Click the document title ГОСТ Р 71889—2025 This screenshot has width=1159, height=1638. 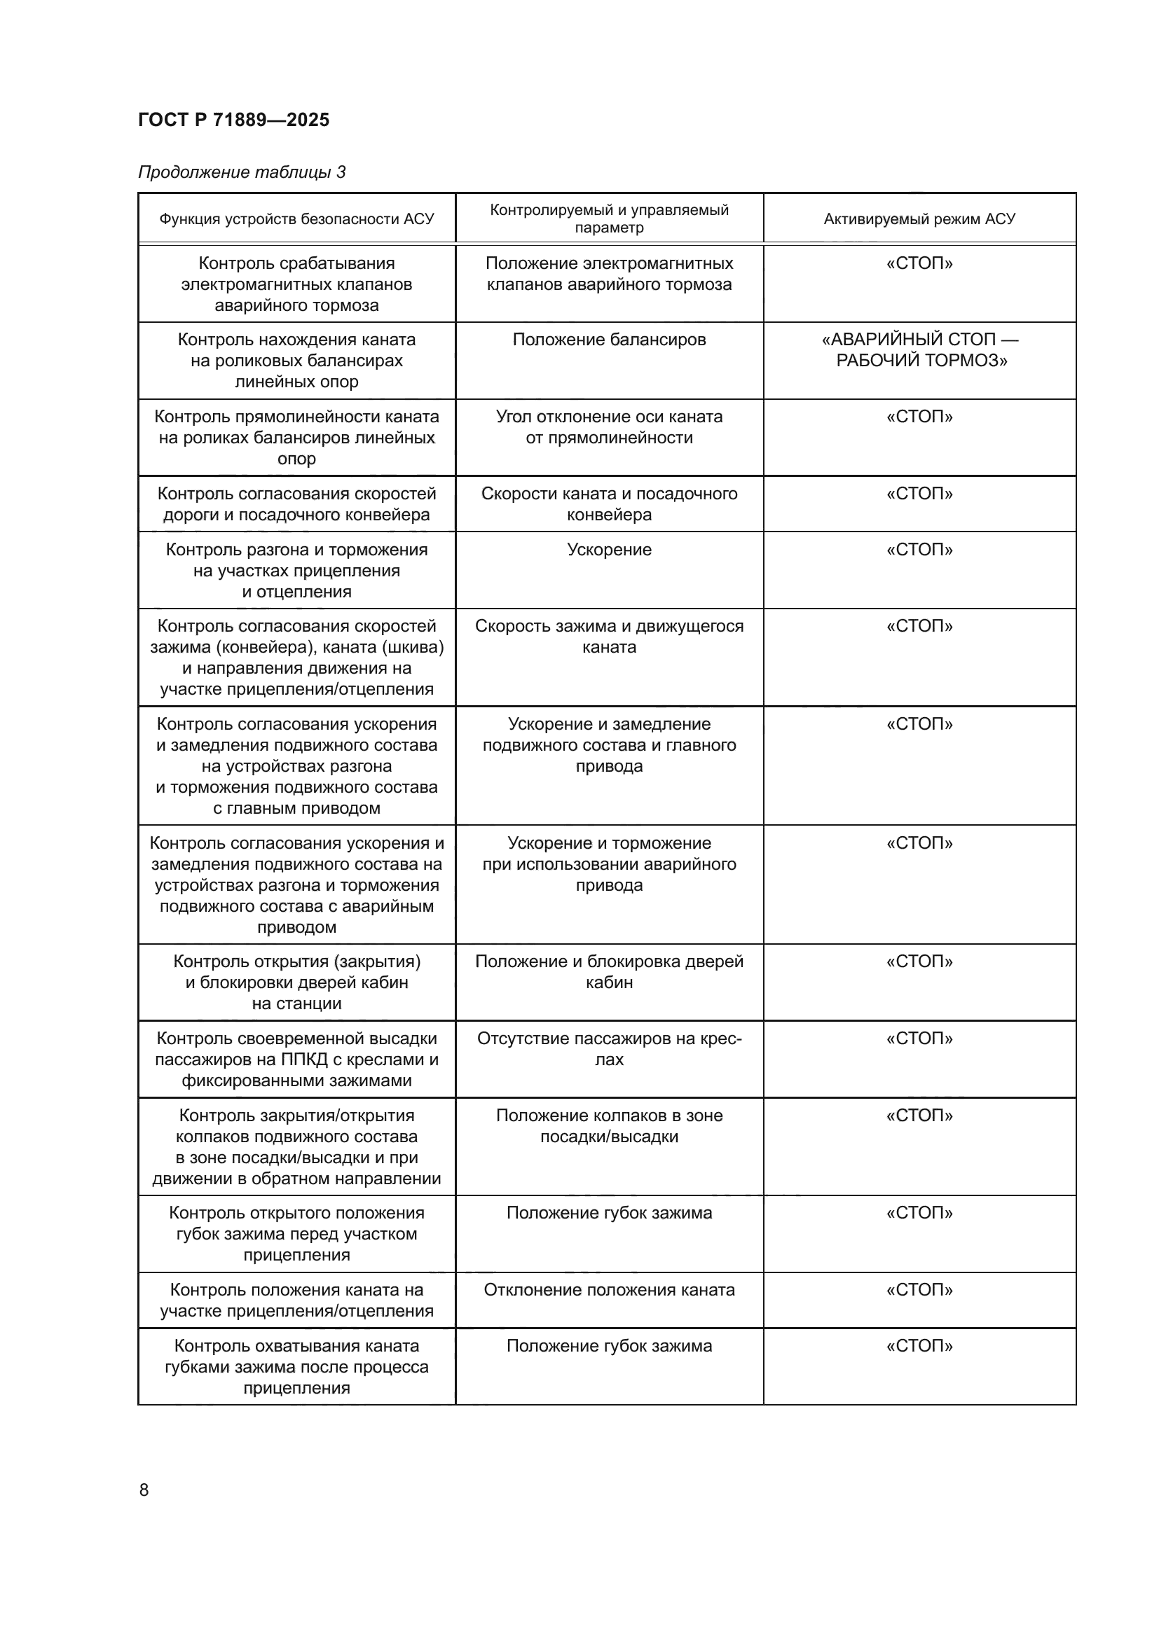pos(233,120)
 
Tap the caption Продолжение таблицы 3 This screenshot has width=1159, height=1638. pos(241,172)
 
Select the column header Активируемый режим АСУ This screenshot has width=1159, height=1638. pos(919,219)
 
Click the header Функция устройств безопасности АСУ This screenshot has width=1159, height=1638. pos(296,219)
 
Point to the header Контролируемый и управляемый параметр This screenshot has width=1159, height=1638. pos(609,218)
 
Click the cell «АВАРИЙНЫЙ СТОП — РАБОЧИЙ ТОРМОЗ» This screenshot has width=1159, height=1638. pos(919,349)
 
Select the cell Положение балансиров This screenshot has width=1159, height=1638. pos(609,340)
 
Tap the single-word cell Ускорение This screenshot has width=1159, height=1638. pos(609,549)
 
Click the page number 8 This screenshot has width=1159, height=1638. pos(144,1490)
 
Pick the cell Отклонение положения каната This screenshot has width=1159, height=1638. pos(609,1290)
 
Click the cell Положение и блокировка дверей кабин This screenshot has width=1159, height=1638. pos(609,972)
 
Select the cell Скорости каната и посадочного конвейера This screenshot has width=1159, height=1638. pos(609,504)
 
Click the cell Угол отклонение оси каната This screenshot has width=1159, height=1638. pos(609,426)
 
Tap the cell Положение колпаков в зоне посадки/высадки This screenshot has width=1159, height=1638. pos(609,1126)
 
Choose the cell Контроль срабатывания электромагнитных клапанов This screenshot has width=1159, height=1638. pos(296,284)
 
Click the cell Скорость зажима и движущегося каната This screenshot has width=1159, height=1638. pos(609,637)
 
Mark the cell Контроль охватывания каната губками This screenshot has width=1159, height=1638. pos(296,1367)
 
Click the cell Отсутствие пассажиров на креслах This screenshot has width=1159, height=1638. pos(609,1049)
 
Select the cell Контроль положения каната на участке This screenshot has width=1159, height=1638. pos(296,1300)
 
